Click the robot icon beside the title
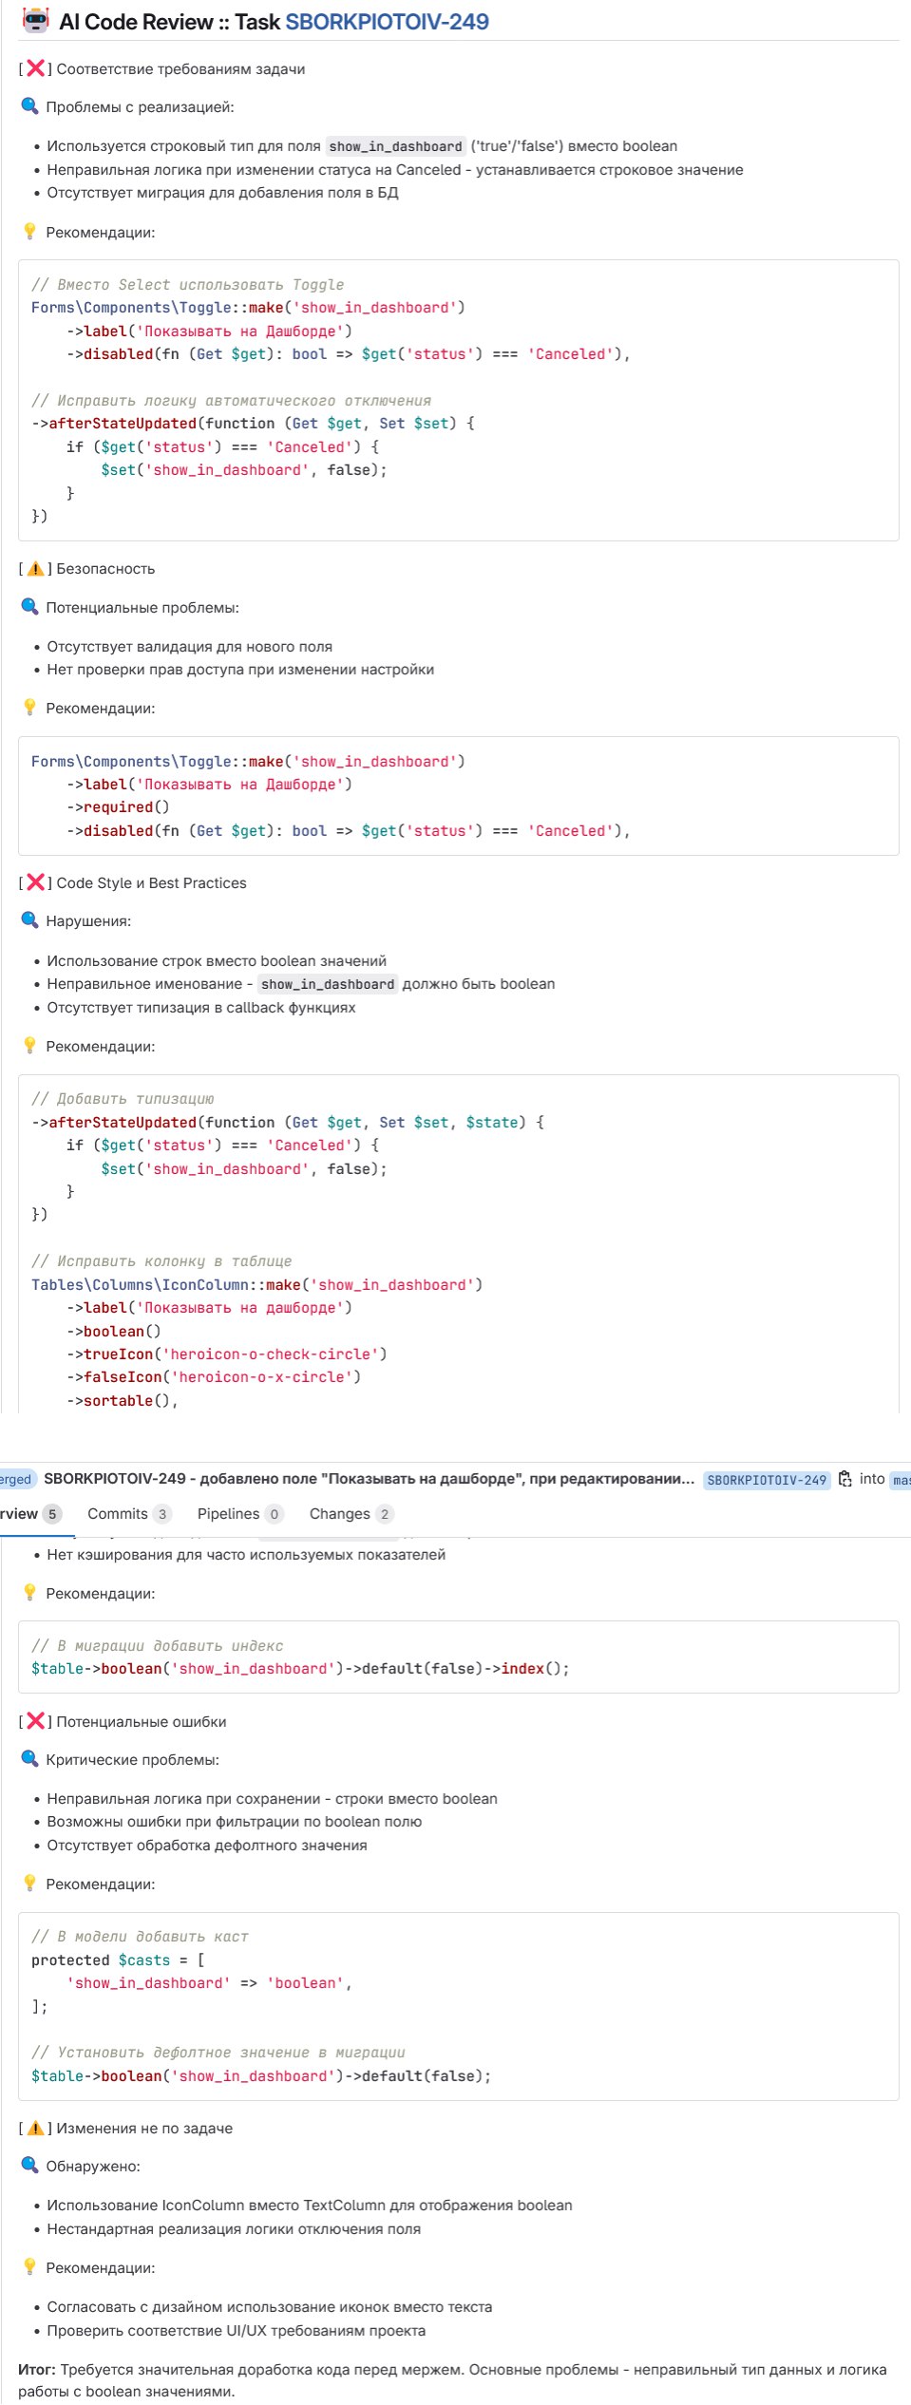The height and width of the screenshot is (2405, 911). [x=36, y=20]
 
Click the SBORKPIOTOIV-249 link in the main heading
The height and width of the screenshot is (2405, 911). [x=387, y=22]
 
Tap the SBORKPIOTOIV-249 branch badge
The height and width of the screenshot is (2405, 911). [x=767, y=1480]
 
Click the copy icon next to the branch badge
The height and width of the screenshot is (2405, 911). [x=845, y=1479]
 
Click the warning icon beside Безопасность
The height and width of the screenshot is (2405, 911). [x=35, y=568]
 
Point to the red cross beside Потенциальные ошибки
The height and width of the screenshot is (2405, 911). [x=35, y=1721]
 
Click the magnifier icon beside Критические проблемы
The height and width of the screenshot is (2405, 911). [x=29, y=1759]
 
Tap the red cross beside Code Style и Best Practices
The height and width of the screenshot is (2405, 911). [x=35, y=882]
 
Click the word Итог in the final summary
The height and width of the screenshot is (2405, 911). [x=37, y=2369]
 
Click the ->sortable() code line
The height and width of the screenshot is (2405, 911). [x=123, y=1401]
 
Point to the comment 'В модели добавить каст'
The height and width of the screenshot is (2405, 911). [x=140, y=1937]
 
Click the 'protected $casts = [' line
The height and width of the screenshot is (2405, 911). [x=118, y=1960]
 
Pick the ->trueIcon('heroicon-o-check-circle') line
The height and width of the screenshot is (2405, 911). [x=227, y=1354]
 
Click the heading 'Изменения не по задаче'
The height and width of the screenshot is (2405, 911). [x=144, y=2129]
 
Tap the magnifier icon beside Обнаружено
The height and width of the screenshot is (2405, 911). [x=29, y=2166]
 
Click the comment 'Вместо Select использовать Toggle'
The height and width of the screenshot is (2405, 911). [x=187, y=285]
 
